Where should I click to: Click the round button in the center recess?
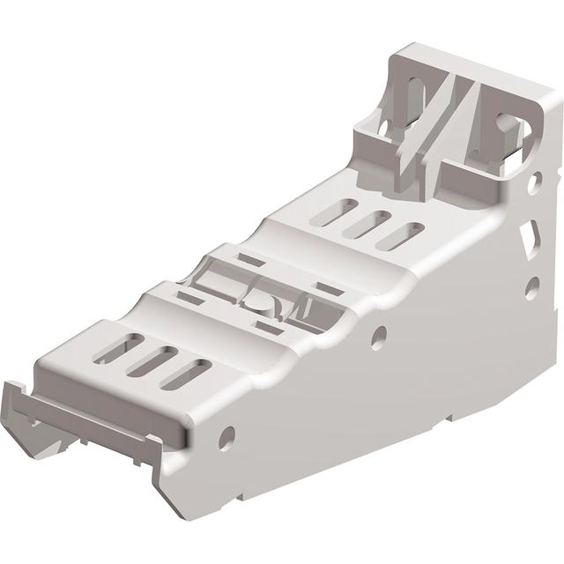pyautogui.click(x=259, y=301)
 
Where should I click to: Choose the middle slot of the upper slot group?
pyautogui.click(x=368, y=222)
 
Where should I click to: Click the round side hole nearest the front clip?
pyautogui.click(x=226, y=434)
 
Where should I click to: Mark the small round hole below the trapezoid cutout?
pyautogui.click(x=531, y=286)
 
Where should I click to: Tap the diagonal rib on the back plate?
pyautogui.click(x=449, y=115)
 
